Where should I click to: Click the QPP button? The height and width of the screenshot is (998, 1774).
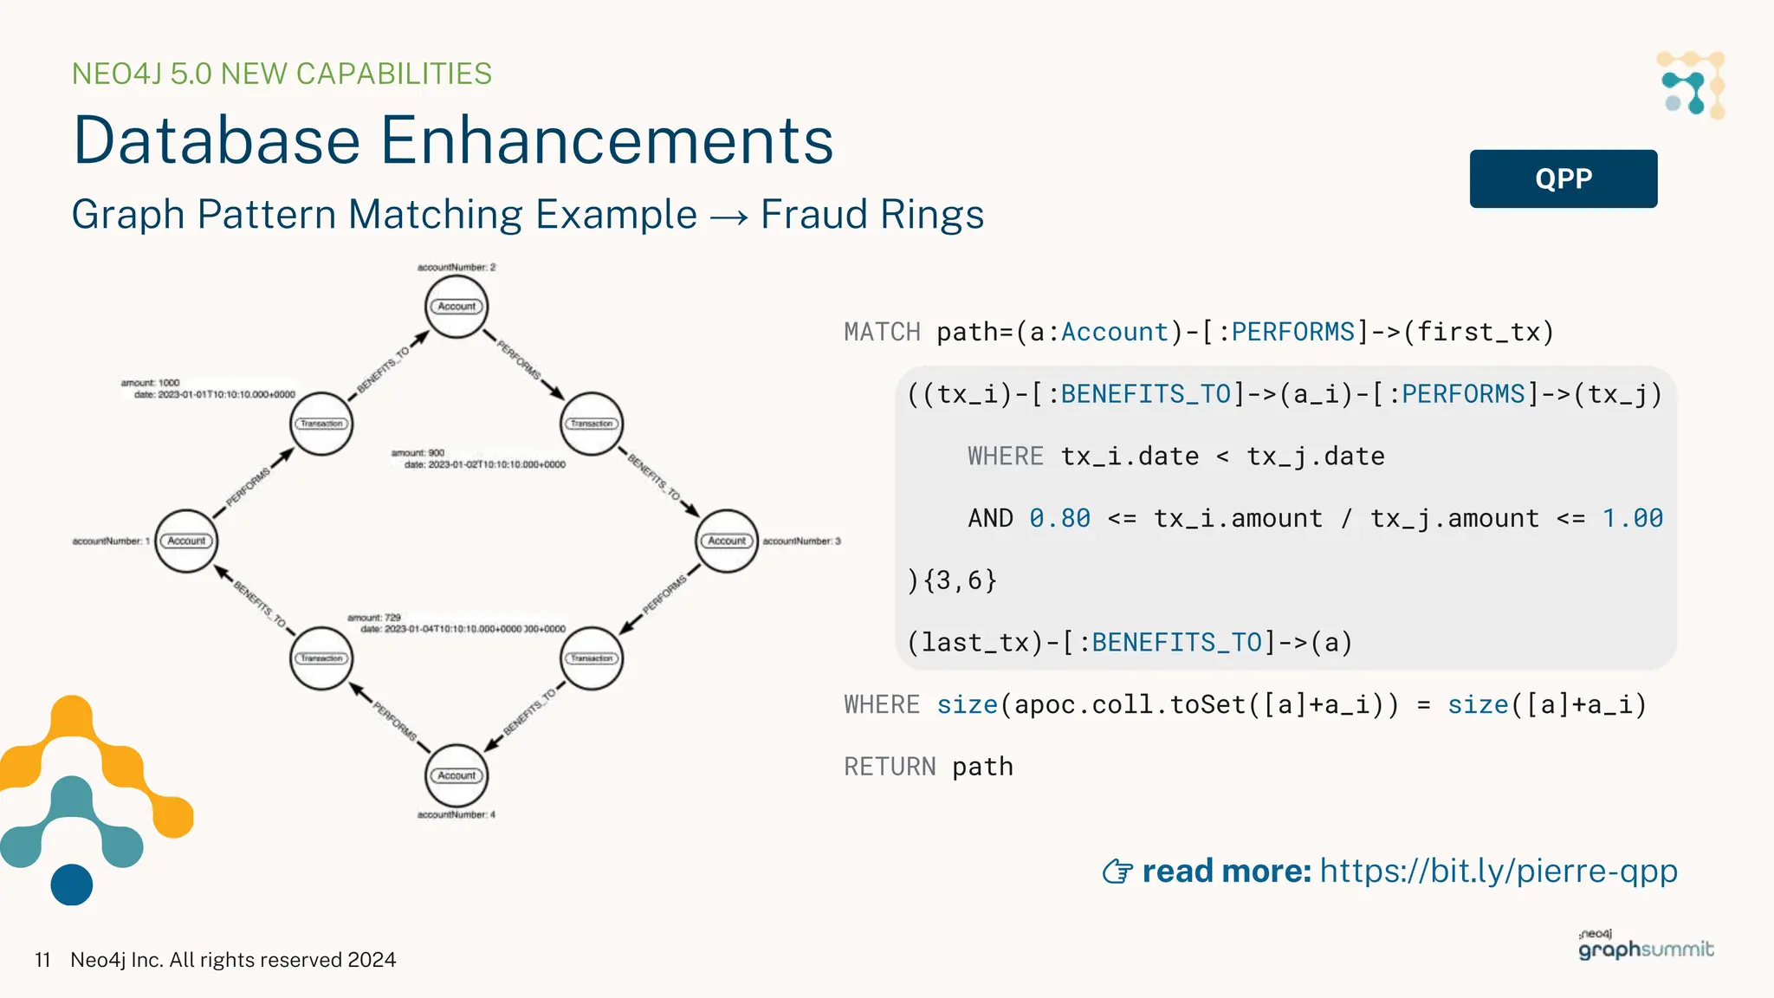(1563, 178)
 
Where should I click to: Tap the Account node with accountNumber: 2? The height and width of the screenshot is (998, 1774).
(456, 307)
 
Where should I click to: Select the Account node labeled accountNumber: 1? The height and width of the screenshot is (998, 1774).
(186, 541)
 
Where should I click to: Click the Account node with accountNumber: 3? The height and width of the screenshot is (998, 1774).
(727, 541)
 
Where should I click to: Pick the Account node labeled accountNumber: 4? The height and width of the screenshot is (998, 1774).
(456, 775)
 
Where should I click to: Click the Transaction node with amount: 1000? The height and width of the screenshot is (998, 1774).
(321, 424)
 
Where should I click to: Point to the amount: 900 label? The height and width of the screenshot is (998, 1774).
(418, 453)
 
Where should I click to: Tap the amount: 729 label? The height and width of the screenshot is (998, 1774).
(374, 618)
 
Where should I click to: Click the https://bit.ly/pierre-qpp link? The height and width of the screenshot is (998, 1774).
(1499, 871)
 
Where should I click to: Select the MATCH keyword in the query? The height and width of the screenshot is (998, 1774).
(882, 332)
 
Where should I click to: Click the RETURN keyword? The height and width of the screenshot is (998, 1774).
(890, 767)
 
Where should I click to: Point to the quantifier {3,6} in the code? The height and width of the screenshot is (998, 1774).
(960, 580)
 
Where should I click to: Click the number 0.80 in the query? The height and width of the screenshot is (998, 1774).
(1059, 518)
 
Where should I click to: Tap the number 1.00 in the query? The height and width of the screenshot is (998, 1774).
(1632, 518)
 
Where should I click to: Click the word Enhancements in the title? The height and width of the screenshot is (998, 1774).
(606, 140)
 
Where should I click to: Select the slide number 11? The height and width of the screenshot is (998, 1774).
(42, 960)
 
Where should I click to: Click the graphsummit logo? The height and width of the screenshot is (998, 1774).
(1646, 946)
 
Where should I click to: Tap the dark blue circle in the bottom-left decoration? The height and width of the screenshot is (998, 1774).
(72, 885)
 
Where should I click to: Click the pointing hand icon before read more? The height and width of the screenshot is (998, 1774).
(1117, 872)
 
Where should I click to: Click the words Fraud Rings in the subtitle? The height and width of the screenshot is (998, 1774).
(871, 214)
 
